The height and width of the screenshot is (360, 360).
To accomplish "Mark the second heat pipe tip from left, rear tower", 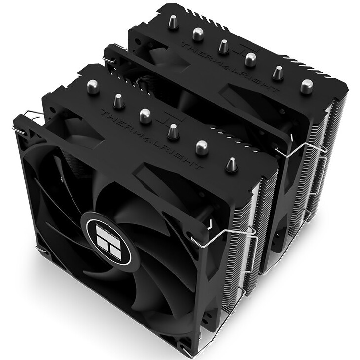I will tap(198, 33).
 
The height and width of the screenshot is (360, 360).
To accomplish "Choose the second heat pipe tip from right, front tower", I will tap(201, 146).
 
